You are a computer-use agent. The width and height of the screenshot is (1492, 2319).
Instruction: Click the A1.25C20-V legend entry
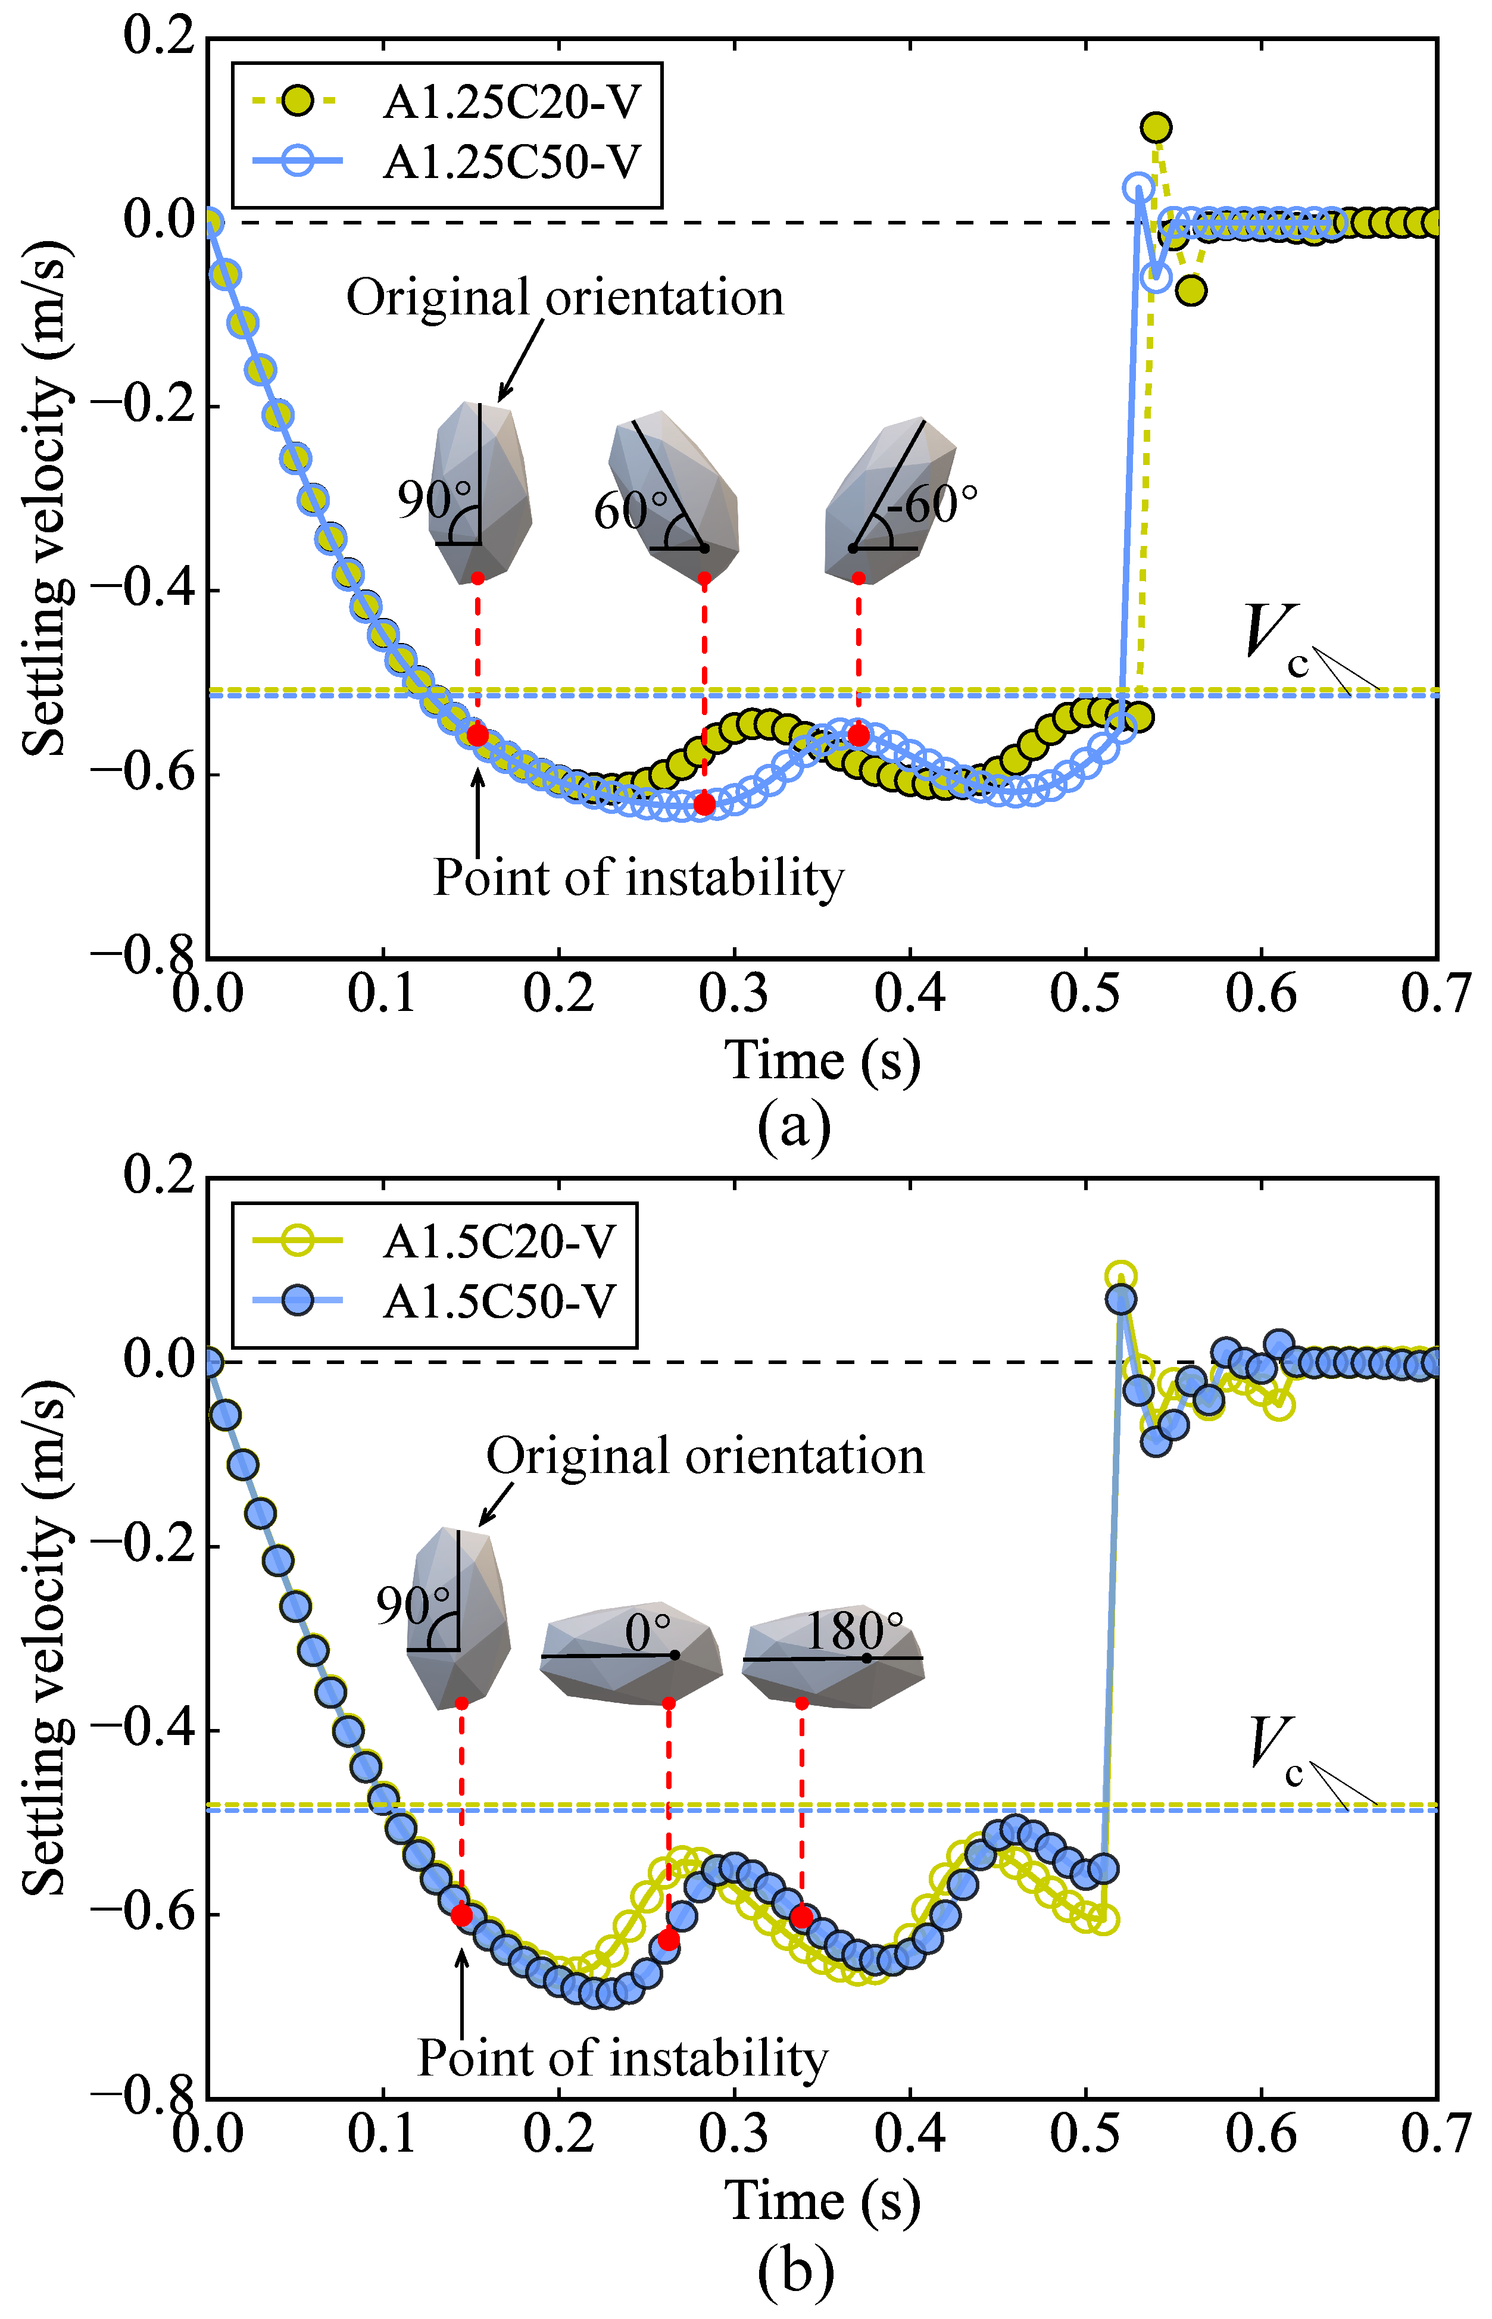(446, 102)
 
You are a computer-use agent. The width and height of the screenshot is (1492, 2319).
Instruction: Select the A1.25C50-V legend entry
(446, 162)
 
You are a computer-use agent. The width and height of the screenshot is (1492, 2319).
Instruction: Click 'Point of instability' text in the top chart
(638, 878)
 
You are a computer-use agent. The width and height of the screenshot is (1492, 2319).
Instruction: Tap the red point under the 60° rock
(704, 804)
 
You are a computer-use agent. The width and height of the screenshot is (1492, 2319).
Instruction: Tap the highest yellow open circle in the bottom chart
(1120, 1276)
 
